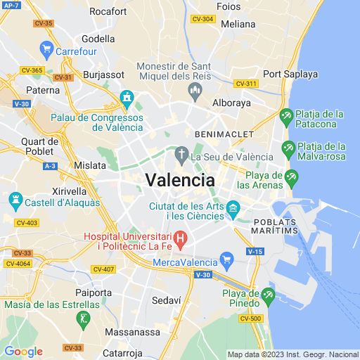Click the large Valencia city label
[x=180, y=179]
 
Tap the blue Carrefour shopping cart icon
[x=46, y=50]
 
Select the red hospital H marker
[x=179, y=241]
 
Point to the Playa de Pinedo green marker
[x=267, y=298]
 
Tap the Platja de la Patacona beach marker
[x=286, y=116]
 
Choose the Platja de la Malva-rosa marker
[x=288, y=149]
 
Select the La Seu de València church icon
[x=181, y=155]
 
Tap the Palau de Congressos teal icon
[x=127, y=97]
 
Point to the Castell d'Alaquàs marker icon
[x=15, y=202]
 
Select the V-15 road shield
[x=255, y=251]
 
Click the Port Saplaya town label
[x=290, y=74]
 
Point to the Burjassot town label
[x=103, y=74]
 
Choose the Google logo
[x=23, y=352]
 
